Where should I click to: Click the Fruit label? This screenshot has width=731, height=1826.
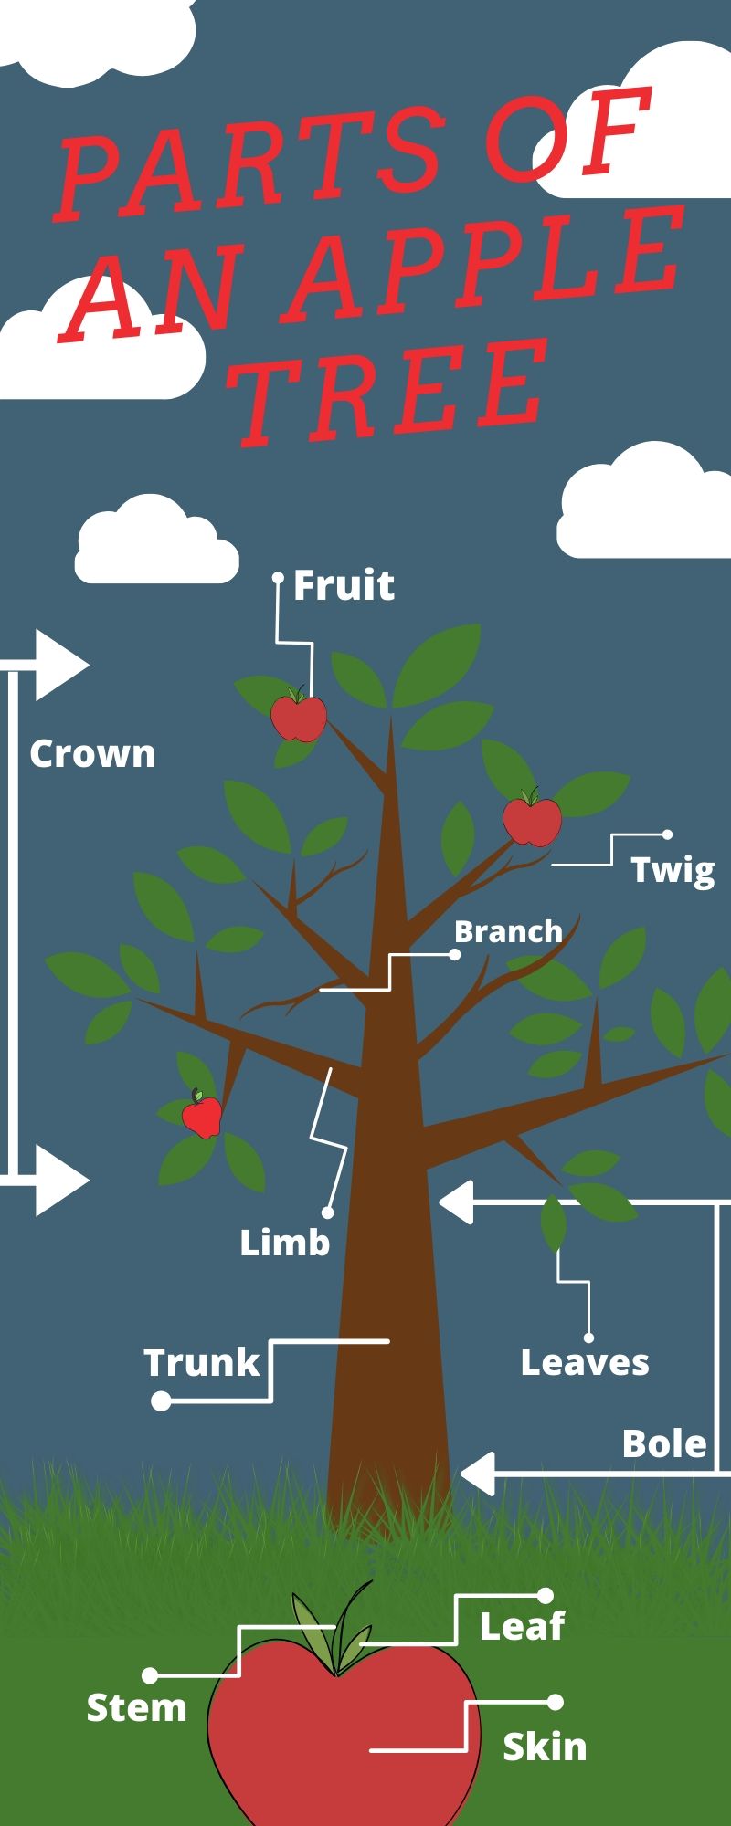coord(344,585)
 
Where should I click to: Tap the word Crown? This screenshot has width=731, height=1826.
coord(92,754)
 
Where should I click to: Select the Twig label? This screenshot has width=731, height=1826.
coord(673,869)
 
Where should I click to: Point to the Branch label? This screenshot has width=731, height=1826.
coord(508,931)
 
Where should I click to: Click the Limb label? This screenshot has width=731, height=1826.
coord(284,1242)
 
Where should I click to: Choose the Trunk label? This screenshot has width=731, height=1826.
coord(202,1362)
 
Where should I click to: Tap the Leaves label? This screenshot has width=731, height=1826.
coord(585,1362)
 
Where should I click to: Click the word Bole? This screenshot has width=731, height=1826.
coord(664,1443)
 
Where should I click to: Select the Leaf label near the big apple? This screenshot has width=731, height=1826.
coord(522,1625)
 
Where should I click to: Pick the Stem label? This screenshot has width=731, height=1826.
coord(136,1706)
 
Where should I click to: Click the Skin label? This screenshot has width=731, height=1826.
coord(545,1747)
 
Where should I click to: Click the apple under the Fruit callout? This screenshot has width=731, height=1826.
coord(299,718)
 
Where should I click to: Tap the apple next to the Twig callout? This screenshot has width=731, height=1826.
coord(532,819)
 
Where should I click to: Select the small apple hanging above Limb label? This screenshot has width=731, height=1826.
coord(201,1115)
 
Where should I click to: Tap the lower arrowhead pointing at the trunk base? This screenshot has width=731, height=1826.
coord(477,1474)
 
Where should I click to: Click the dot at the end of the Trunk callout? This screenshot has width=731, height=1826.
coord(161,1401)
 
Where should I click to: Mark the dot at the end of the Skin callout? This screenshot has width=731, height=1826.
coord(555,1702)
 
